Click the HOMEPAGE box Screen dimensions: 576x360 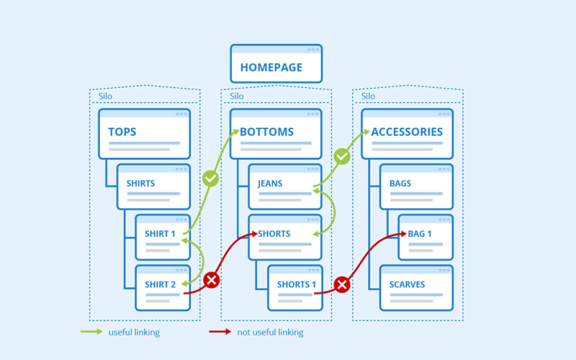276,63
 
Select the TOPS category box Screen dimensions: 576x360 145,134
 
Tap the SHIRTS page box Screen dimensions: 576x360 153,187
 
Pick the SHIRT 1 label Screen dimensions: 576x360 160,233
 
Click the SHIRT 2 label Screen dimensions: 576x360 160,284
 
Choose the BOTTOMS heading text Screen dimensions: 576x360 266,132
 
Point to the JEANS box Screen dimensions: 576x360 285,187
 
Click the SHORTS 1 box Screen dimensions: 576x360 295,288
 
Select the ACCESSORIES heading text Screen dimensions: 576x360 407,132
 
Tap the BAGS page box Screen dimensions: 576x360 416,187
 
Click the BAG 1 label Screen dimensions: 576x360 420,233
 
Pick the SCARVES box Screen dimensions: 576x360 416,288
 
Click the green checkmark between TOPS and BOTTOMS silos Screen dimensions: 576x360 210,179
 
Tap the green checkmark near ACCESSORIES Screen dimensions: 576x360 342,156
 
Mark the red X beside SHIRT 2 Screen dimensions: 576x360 212,280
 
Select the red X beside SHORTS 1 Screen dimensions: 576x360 342,284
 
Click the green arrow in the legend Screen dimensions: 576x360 91,332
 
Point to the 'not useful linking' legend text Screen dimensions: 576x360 271,333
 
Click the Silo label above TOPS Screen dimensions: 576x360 105,96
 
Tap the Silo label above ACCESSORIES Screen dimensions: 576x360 368,96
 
